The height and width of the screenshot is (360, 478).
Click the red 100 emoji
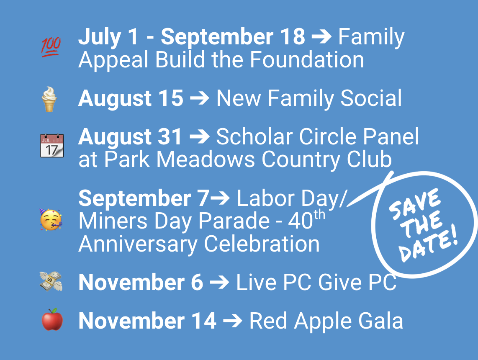[x=51, y=47]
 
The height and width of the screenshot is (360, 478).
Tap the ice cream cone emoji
[x=49, y=99]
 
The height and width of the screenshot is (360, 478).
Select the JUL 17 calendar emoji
[x=52, y=146]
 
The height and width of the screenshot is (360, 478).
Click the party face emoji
[x=51, y=219]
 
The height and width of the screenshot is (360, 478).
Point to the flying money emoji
[x=51, y=281]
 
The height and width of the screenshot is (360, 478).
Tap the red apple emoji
[x=52, y=319]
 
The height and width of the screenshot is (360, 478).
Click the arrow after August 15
[x=199, y=98]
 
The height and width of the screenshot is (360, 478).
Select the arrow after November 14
[x=233, y=321]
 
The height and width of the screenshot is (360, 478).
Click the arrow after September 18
[x=321, y=37]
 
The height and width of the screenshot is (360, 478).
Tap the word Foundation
[x=307, y=60]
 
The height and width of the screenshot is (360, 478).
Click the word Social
[x=371, y=98]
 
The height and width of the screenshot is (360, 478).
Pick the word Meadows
[x=206, y=159]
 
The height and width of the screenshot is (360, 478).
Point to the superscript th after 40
[x=319, y=215]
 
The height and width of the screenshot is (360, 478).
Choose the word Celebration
[x=262, y=244]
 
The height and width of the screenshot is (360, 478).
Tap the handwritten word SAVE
[x=415, y=204]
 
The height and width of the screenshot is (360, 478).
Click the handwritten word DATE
[x=428, y=244]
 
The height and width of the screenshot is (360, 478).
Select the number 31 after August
[x=170, y=136]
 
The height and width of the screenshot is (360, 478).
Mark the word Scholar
[x=254, y=136]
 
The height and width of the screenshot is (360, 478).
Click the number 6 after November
[x=197, y=282]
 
